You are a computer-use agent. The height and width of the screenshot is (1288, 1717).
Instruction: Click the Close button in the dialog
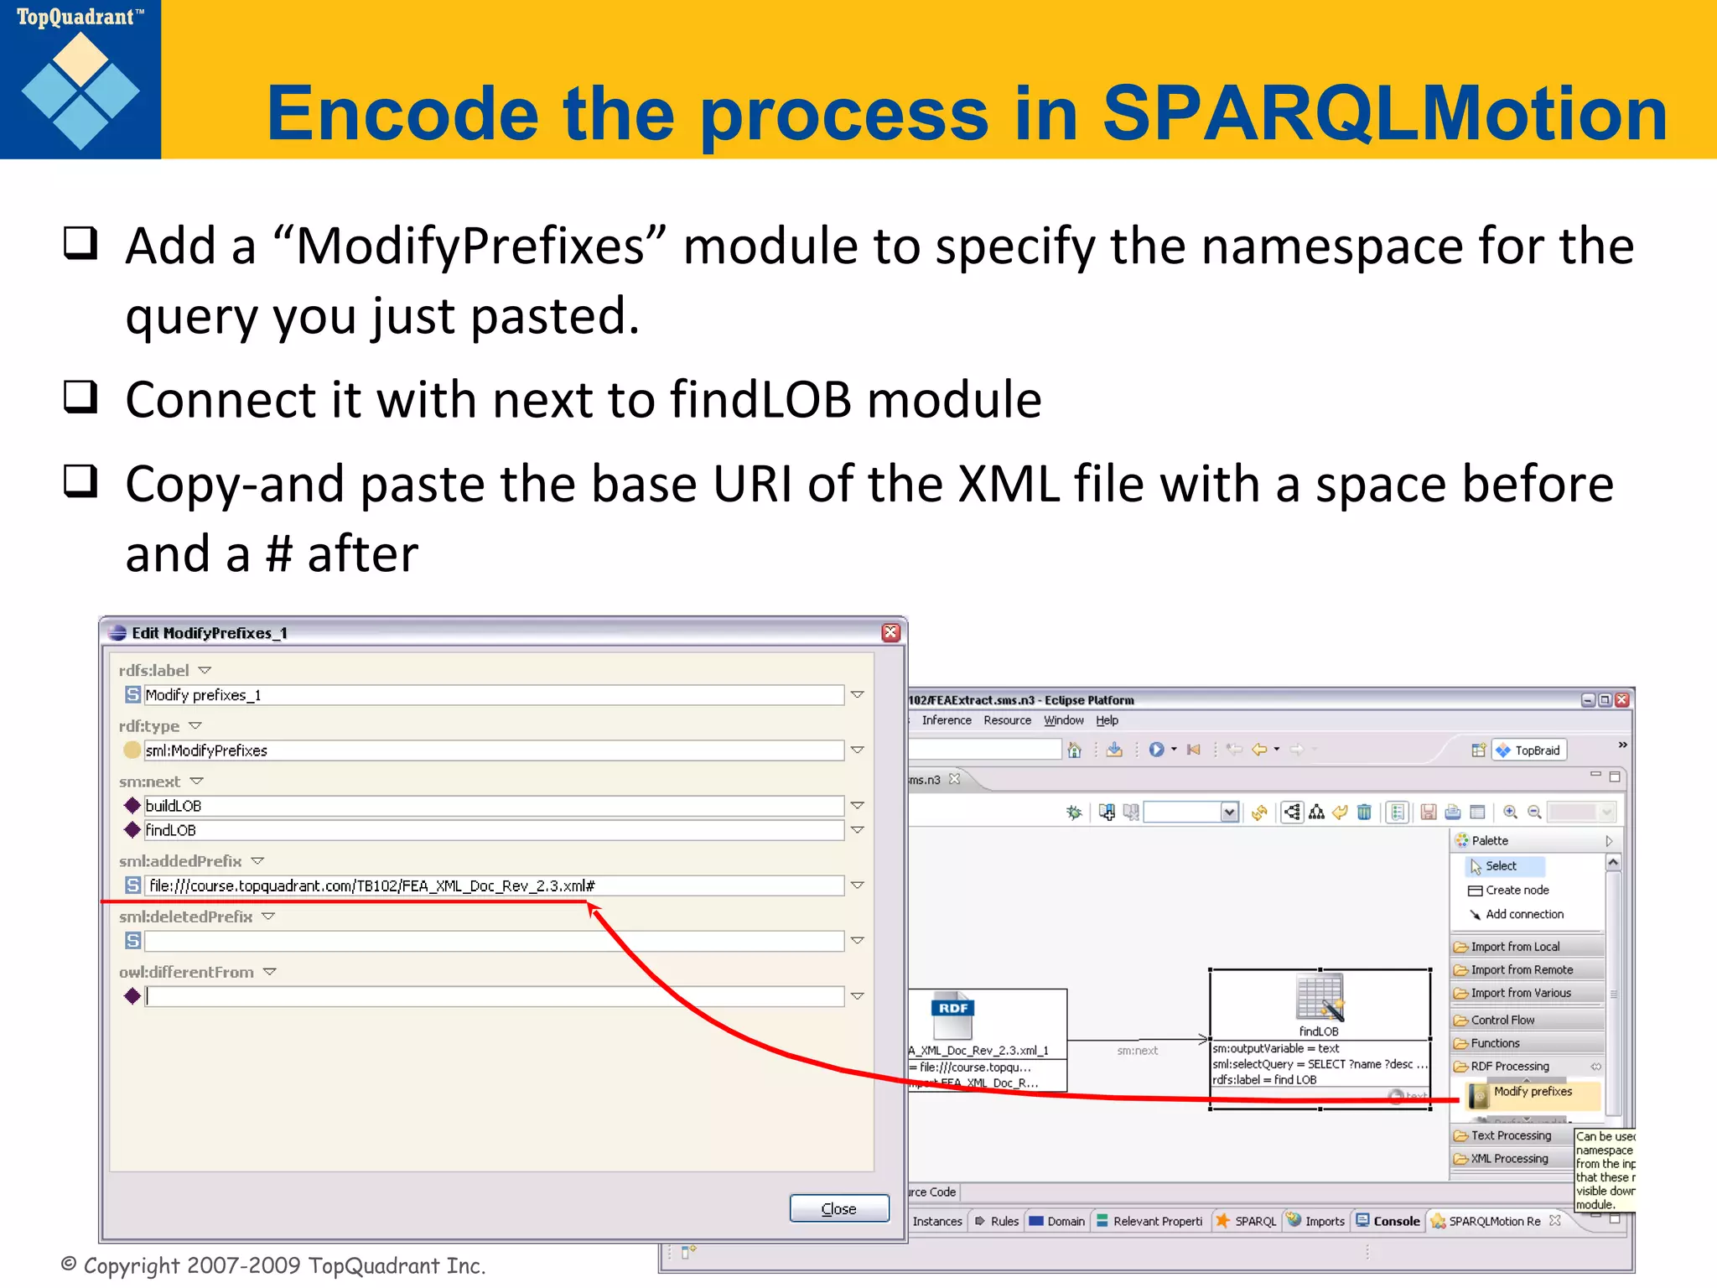tap(838, 1208)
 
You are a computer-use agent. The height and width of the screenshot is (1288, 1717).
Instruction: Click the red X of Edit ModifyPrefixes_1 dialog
tap(890, 632)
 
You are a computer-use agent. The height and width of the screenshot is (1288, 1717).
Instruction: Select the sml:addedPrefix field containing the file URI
tap(495, 885)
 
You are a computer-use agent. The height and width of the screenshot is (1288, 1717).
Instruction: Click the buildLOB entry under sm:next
tap(495, 806)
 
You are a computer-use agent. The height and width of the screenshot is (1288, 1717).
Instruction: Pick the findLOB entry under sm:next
tap(495, 830)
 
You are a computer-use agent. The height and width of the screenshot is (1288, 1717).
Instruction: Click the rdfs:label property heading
tap(154, 671)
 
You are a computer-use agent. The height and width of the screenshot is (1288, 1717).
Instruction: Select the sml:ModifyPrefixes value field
tap(495, 750)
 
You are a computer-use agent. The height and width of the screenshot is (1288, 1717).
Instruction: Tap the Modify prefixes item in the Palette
tap(1532, 1092)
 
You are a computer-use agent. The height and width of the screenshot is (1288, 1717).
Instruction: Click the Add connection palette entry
tap(1523, 914)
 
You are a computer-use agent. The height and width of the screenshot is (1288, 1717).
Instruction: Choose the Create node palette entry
tap(1516, 890)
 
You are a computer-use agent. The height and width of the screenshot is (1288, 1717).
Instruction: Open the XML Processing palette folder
tap(1508, 1159)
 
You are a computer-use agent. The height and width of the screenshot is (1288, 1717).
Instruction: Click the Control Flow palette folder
tap(1502, 1021)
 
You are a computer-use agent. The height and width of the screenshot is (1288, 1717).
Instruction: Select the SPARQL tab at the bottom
tap(1254, 1222)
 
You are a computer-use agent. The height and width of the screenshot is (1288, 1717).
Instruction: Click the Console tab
tap(1396, 1222)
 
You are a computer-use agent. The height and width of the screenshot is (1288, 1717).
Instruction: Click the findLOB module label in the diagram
tap(1319, 1031)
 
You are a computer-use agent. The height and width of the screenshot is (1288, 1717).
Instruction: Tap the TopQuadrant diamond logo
tap(80, 91)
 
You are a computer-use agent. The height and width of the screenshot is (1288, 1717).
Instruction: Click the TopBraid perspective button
tap(1529, 750)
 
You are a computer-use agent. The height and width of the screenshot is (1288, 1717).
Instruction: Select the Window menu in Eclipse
tap(1063, 720)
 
